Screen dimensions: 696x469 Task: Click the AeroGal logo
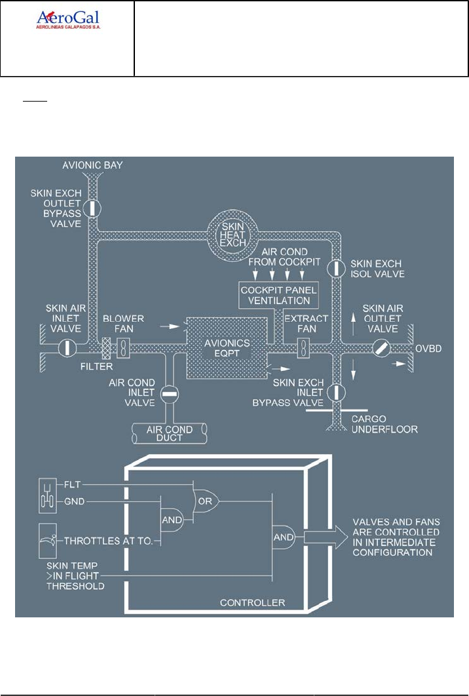(x=68, y=20)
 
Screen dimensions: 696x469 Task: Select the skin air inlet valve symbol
(x=67, y=347)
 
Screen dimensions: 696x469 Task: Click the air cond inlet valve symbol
(x=169, y=395)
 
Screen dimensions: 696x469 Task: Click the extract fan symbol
(x=303, y=347)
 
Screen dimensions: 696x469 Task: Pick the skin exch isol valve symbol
(x=335, y=267)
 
